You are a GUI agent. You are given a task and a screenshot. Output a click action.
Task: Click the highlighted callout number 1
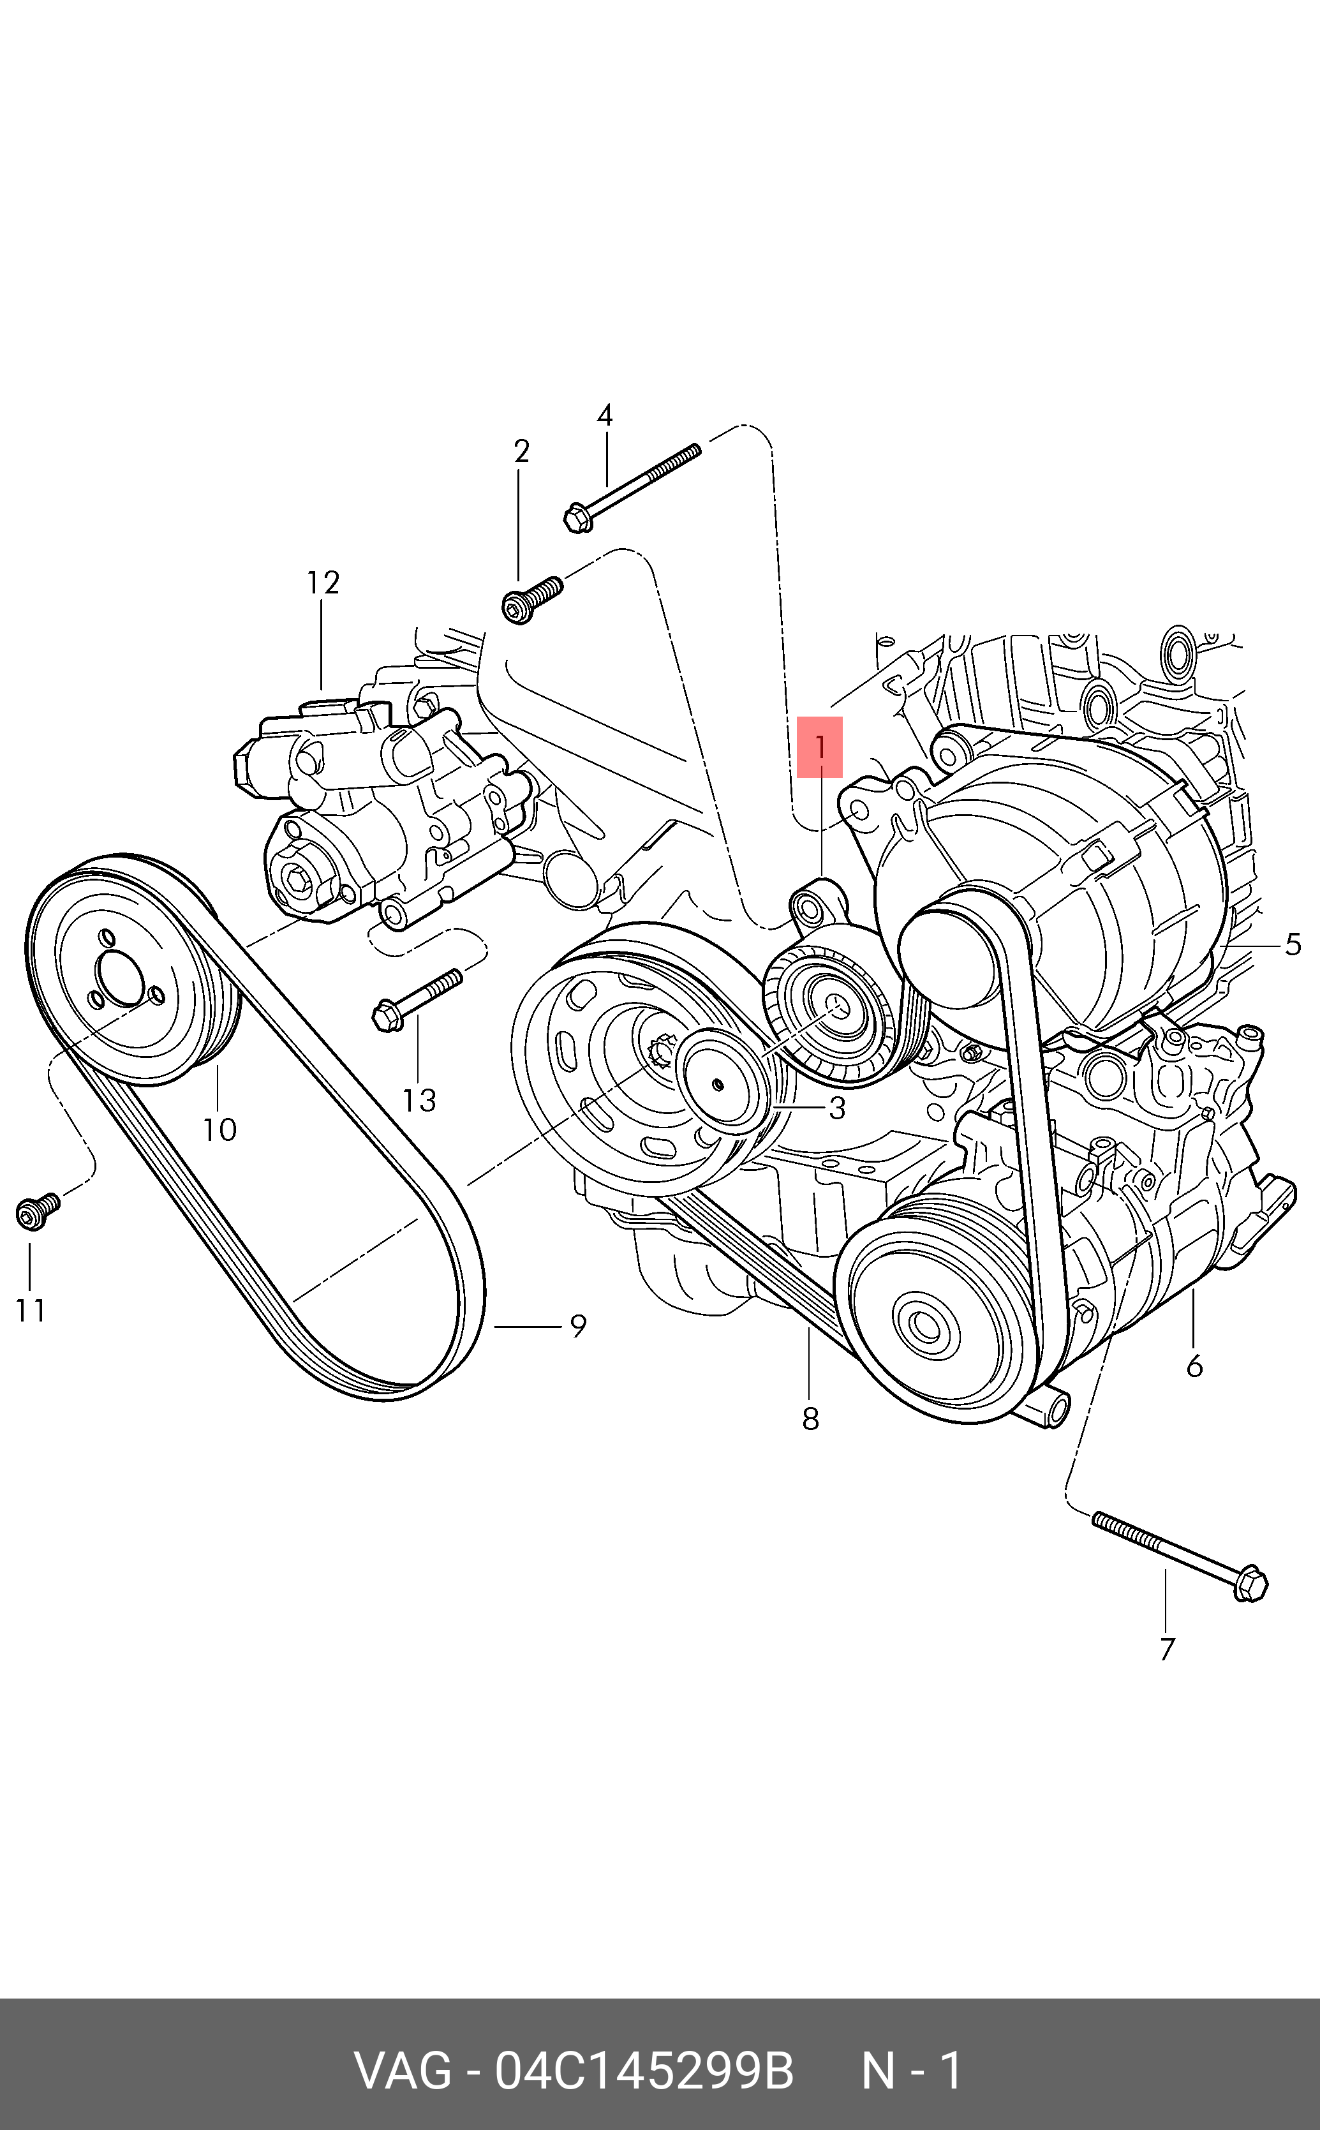point(820,747)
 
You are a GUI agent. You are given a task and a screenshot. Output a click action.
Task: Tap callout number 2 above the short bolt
point(521,451)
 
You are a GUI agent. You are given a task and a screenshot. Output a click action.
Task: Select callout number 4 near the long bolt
point(604,415)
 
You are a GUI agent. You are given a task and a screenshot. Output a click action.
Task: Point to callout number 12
point(322,582)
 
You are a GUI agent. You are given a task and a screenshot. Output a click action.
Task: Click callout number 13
point(419,1101)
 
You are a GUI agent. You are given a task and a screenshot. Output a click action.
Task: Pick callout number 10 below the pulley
point(219,1131)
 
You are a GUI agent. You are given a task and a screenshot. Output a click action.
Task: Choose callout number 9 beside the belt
point(578,1326)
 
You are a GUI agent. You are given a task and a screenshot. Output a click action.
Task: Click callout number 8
point(810,1419)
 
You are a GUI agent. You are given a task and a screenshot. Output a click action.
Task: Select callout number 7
point(1168,1649)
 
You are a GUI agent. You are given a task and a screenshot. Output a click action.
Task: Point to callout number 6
point(1194,1366)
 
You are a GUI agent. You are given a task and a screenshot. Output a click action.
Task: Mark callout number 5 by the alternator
point(1293,944)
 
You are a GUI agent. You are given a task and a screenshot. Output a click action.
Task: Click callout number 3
point(837,1108)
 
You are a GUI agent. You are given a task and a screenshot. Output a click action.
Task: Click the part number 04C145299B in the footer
point(644,2071)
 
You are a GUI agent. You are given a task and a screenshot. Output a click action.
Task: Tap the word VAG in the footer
point(403,2071)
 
